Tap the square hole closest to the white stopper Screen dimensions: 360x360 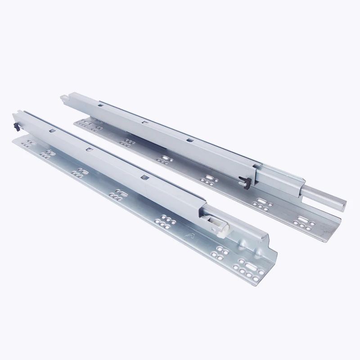click(144, 177)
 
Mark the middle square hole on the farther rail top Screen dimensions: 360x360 click(144, 122)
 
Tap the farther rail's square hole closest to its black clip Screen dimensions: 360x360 click(189, 140)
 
